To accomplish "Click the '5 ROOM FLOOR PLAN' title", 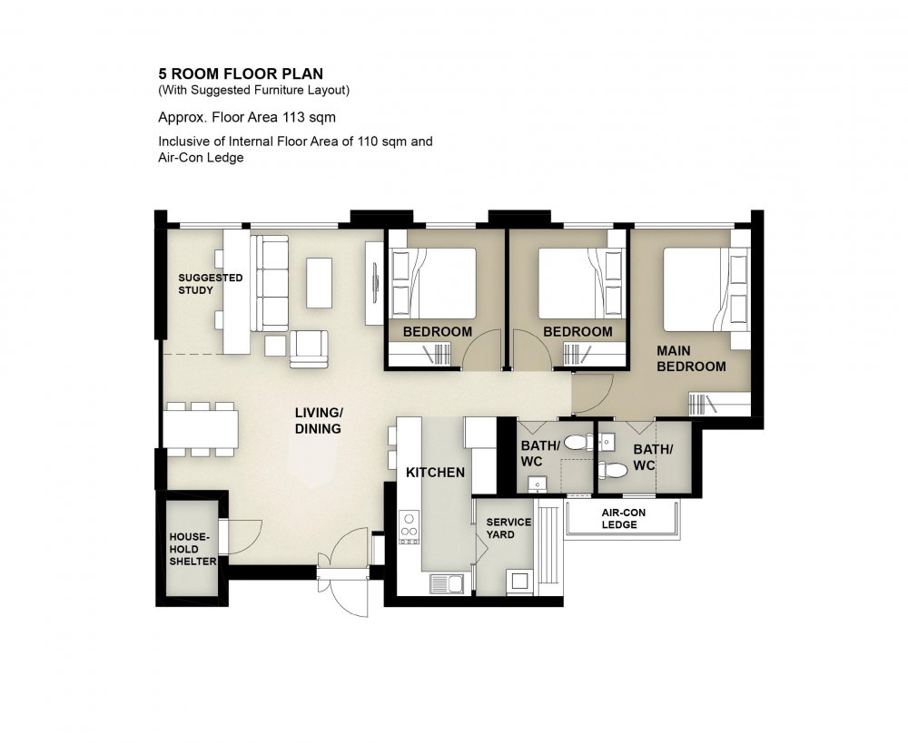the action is pos(241,73).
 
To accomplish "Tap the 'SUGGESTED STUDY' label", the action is pos(211,284).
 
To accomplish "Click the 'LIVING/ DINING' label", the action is pos(319,421).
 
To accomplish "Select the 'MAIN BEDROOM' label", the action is pos(691,358).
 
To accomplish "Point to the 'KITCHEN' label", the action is pos(435,473).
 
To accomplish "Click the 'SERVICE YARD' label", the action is pos(508,528).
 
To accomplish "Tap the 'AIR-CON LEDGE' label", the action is pos(623,519).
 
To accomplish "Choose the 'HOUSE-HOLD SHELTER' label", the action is pos(192,549).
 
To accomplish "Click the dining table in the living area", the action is pos(201,429).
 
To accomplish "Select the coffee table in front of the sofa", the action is pos(319,283).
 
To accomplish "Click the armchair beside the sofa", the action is pos(309,349).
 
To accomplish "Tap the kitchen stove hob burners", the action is pos(409,526).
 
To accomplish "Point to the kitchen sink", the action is pos(447,583).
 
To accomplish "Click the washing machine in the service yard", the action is pos(519,581).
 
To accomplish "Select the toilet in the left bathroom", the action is pos(577,444).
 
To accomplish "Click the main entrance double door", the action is pos(343,572).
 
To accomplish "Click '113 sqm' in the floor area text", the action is pos(309,117).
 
